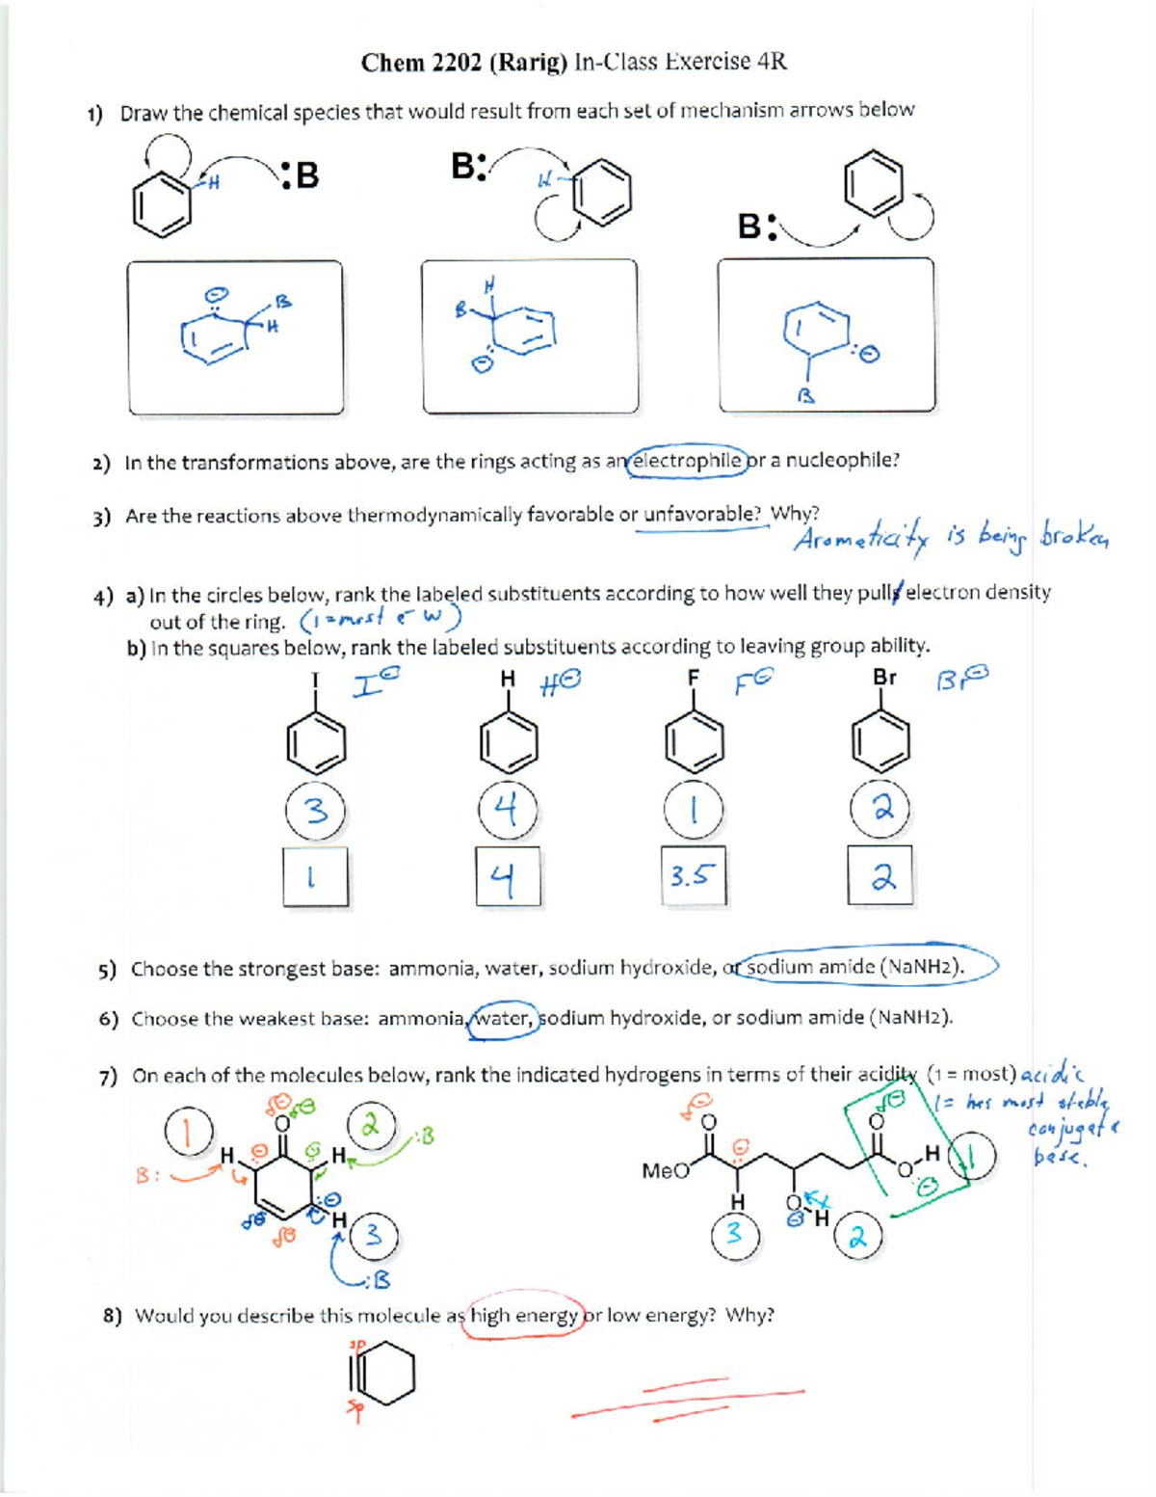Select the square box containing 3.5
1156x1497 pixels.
point(693,876)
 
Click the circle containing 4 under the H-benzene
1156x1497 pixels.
point(508,810)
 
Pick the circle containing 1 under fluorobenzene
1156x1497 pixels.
point(693,810)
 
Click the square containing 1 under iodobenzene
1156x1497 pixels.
point(315,876)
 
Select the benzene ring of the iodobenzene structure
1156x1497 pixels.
point(315,743)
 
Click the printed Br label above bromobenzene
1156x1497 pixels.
point(883,678)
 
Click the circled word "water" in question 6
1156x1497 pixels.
point(504,1018)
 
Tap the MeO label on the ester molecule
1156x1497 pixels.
point(666,1171)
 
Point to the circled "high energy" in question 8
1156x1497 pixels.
point(524,1316)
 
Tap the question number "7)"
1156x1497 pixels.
point(108,1076)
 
